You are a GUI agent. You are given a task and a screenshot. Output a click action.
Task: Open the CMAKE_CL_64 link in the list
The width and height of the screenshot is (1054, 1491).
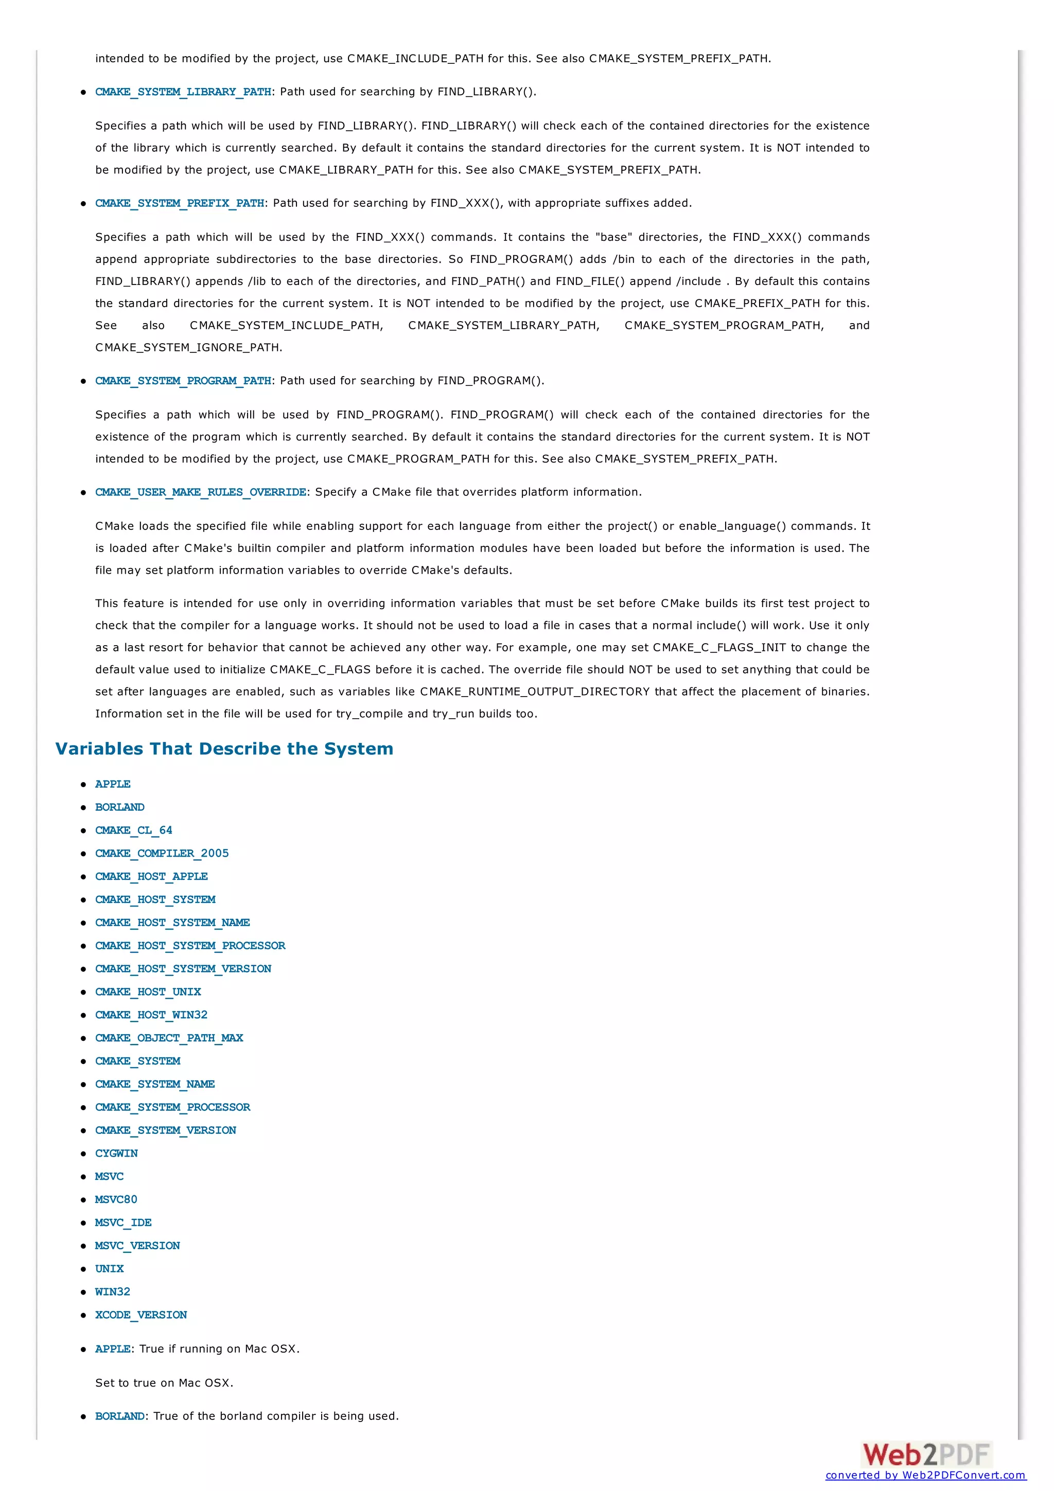[134, 830]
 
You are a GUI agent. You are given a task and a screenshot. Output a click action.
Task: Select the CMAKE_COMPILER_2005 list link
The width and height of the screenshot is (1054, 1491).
[162, 854]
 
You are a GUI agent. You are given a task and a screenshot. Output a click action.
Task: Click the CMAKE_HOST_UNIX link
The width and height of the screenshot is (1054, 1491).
[148, 991]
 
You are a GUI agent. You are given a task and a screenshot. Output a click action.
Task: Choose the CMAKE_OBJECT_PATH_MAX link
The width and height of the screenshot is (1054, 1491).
[169, 1038]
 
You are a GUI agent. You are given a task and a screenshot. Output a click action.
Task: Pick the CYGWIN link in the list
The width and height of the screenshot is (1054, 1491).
[116, 1153]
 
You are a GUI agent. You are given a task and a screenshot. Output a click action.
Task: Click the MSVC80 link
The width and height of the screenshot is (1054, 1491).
[116, 1199]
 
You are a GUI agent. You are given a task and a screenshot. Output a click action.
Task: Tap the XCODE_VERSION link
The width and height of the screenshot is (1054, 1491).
[141, 1315]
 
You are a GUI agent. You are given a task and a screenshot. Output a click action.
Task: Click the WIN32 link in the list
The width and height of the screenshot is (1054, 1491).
[112, 1292]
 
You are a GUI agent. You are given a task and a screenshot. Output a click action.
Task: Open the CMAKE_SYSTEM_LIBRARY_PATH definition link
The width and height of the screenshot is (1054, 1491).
[183, 92]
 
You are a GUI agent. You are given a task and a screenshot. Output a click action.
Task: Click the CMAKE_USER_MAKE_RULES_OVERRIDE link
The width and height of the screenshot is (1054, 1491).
[201, 492]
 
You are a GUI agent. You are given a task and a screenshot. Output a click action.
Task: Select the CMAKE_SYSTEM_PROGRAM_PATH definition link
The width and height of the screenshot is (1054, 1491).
[183, 381]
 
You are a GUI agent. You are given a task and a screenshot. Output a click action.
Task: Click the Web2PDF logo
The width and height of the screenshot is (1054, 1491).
[926, 1454]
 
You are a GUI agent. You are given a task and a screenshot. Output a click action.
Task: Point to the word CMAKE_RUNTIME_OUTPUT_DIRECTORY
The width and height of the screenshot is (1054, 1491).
[535, 691]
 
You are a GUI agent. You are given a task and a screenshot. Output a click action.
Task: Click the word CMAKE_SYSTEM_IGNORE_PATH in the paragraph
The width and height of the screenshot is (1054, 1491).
[188, 347]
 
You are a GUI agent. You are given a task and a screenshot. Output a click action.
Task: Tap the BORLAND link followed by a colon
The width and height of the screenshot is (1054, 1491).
[119, 1416]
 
